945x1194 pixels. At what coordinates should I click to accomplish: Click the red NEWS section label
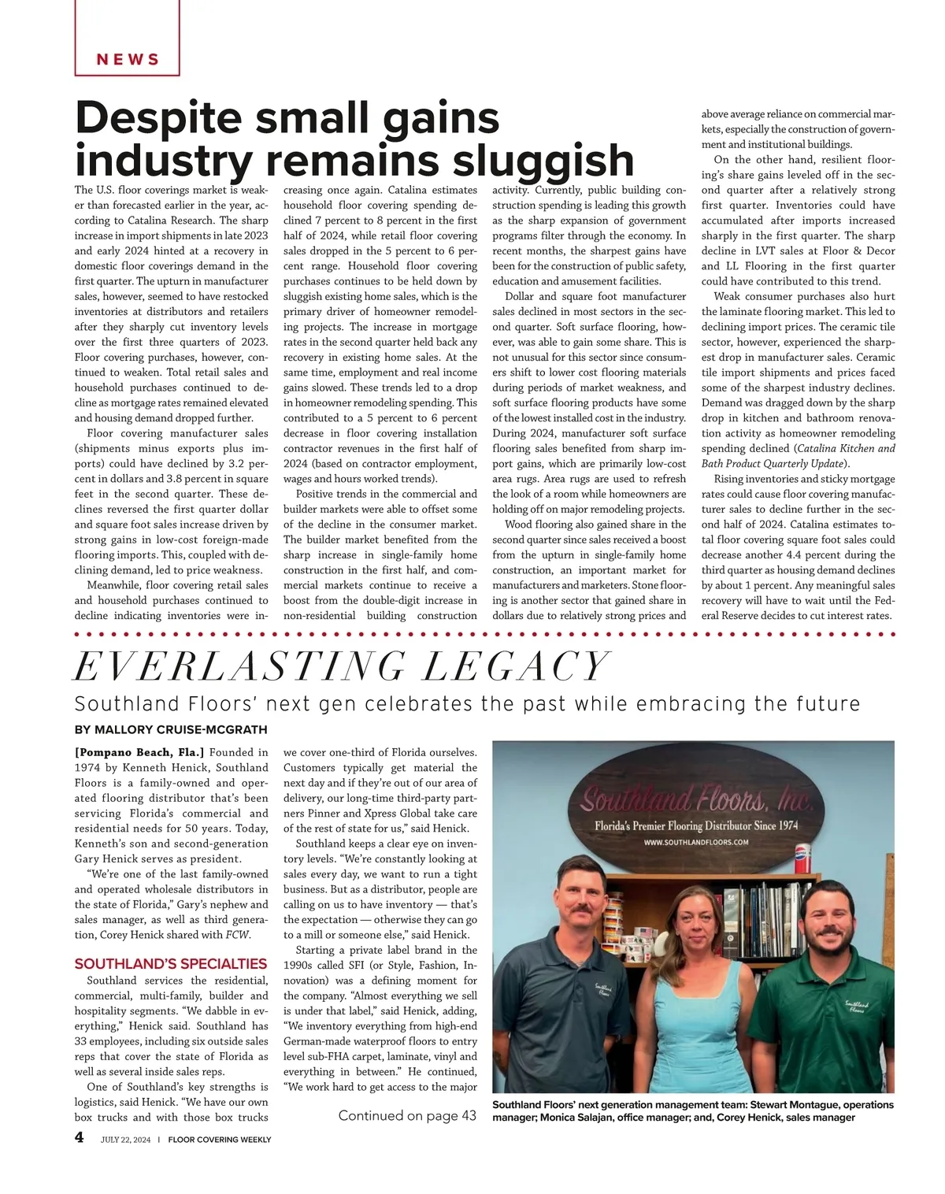click(128, 60)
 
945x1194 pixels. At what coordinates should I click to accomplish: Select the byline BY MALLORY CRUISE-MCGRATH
click(171, 730)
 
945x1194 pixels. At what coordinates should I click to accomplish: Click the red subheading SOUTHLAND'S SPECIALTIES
click(171, 964)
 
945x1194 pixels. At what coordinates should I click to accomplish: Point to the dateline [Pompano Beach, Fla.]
click(139, 753)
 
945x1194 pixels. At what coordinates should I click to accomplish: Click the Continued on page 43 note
click(407, 1115)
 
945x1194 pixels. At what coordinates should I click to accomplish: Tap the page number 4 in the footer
click(80, 1137)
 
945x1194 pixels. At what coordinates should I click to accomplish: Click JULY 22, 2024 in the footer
click(125, 1140)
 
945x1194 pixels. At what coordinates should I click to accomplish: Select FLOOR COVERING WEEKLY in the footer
click(220, 1140)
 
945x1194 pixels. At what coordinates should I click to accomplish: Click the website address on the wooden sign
click(695, 842)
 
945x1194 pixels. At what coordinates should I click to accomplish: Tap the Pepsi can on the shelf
click(802, 860)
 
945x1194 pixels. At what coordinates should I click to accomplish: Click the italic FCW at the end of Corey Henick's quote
click(238, 935)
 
